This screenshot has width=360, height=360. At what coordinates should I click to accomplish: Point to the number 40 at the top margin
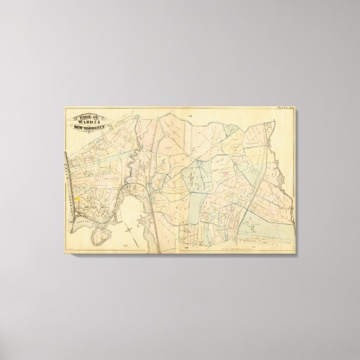(x=190, y=116)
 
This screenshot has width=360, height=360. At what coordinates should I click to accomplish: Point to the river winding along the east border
(x=283, y=184)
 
